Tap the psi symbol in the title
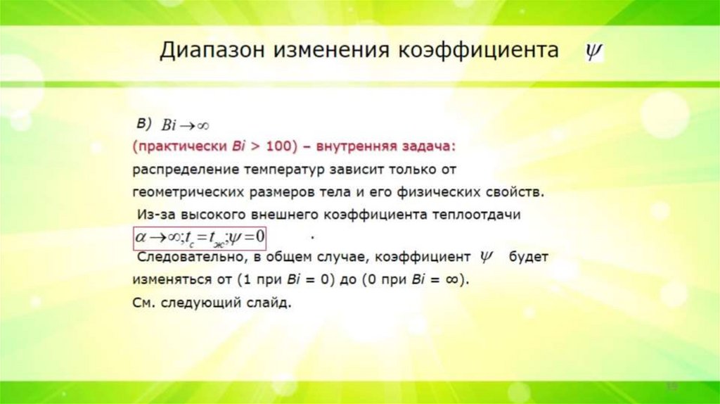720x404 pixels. point(596,51)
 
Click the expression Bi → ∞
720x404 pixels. point(186,125)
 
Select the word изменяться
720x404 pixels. point(167,279)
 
